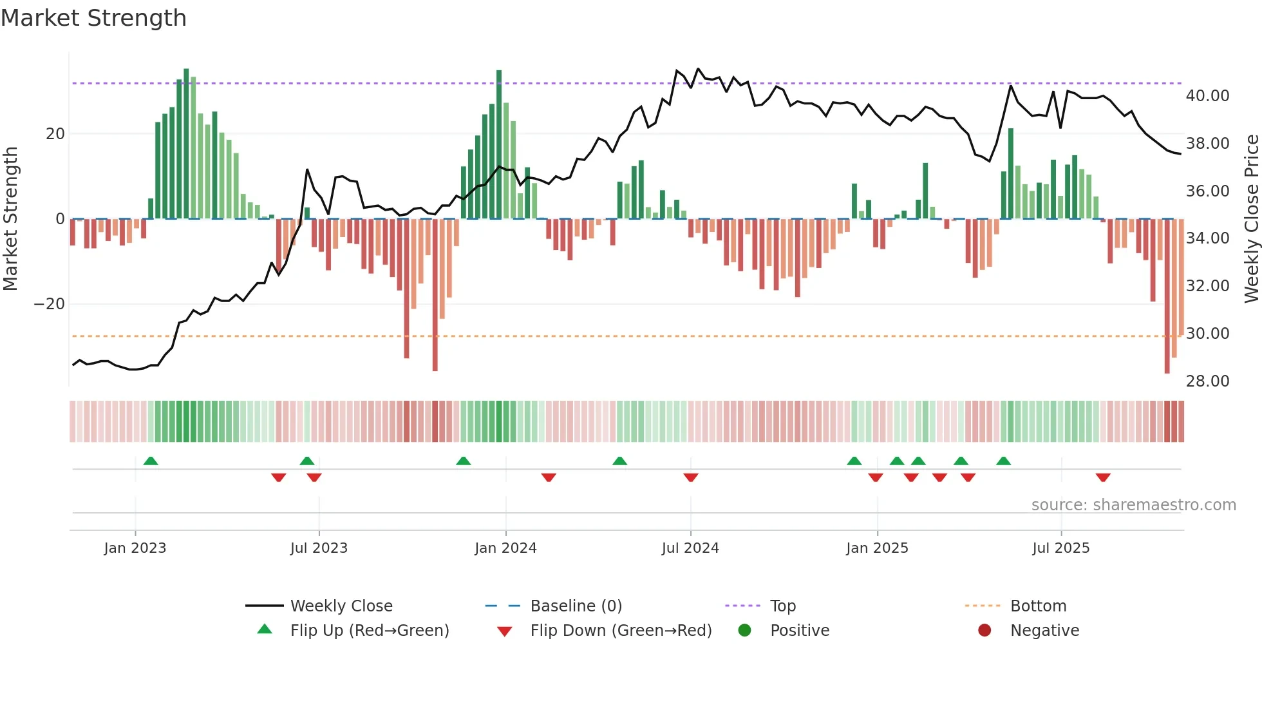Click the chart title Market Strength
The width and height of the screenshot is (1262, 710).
pyautogui.click(x=93, y=18)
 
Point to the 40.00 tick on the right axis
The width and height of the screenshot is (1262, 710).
pyautogui.click(x=1207, y=96)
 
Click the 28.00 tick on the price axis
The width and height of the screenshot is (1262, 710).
pyautogui.click(x=1207, y=381)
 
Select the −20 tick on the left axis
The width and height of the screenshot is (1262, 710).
pyautogui.click(x=50, y=304)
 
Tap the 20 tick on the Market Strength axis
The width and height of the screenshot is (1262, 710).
pyautogui.click(x=55, y=134)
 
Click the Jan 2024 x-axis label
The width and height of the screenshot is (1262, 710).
pyautogui.click(x=505, y=548)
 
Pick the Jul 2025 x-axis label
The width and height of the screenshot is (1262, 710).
pyautogui.click(x=1060, y=548)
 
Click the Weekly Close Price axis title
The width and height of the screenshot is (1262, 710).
pyautogui.click(x=1251, y=219)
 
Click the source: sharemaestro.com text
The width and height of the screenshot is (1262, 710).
pyautogui.click(x=1133, y=505)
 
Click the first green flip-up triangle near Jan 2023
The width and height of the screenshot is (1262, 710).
pyautogui.click(x=151, y=461)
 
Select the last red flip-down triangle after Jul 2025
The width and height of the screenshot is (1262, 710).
pyautogui.click(x=1103, y=477)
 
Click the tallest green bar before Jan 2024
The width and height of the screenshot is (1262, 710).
pyautogui.click(x=499, y=144)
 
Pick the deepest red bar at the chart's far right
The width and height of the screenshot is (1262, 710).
pyautogui.click(x=1167, y=296)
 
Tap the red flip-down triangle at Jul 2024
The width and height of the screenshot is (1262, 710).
pyautogui.click(x=691, y=477)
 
